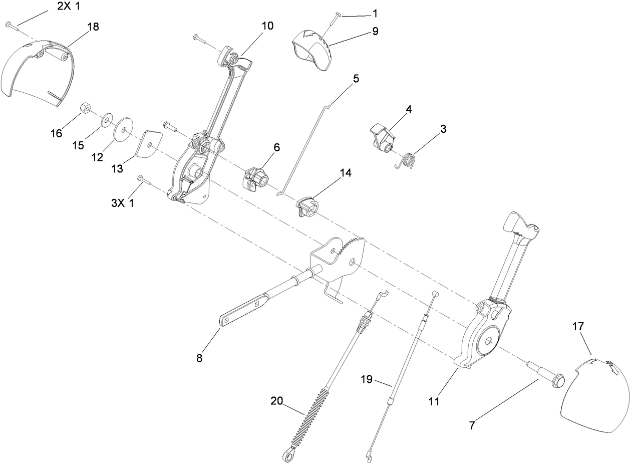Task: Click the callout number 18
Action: click(x=93, y=27)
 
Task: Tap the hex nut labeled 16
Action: click(x=86, y=108)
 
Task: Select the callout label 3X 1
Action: click(x=123, y=203)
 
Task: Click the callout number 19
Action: click(x=367, y=379)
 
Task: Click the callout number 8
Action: click(x=199, y=358)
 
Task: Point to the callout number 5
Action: click(x=356, y=79)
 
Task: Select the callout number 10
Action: click(x=267, y=26)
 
